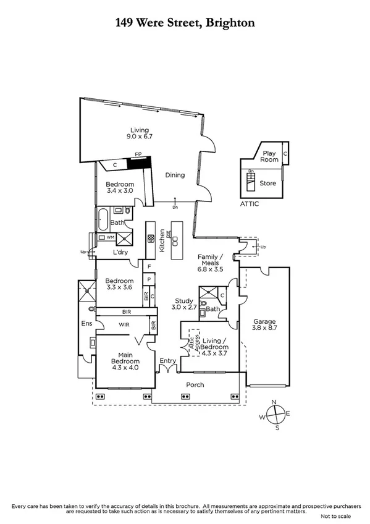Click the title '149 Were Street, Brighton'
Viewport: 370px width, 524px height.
pyautogui.click(x=185, y=23)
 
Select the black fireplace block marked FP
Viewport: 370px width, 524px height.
pyautogui.click(x=139, y=163)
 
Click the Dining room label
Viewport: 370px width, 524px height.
pyautogui.click(x=175, y=175)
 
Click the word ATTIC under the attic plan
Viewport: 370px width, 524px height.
pyautogui.click(x=250, y=204)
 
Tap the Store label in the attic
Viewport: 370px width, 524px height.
pyautogui.click(x=268, y=183)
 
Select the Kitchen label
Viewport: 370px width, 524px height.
pyautogui.click(x=162, y=239)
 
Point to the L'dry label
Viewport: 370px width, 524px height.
pyautogui.click(x=120, y=253)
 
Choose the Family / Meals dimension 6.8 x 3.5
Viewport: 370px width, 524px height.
pyautogui.click(x=210, y=269)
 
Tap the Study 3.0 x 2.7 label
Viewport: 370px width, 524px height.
pyautogui.click(x=185, y=303)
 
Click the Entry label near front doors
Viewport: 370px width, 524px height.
pyautogui.click(x=167, y=360)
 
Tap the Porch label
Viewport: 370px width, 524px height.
pyautogui.click(x=195, y=385)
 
